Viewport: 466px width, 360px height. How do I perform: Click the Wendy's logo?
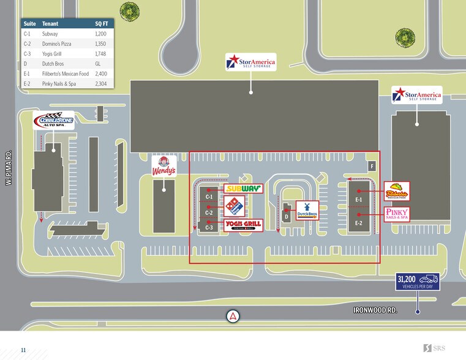coord(163,165)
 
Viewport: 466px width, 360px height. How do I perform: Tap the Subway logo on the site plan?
coord(243,189)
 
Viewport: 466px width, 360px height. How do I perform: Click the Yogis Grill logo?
coord(244,225)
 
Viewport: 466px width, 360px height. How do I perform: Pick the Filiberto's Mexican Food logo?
coord(397,192)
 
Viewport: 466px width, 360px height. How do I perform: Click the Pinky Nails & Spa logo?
coord(397,214)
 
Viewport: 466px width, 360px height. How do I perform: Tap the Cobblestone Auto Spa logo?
coord(53,120)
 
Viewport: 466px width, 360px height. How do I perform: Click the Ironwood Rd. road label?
coord(375,310)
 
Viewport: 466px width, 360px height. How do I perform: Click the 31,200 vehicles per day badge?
coord(417,282)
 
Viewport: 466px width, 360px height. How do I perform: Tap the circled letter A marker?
coord(233,316)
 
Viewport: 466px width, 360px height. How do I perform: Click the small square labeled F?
coord(371,166)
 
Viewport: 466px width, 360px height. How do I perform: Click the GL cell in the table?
coord(98,64)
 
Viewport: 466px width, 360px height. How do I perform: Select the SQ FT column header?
coord(102,24)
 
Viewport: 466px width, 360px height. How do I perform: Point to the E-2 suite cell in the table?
coord(27,83)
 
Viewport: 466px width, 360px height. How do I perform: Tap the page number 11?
coord(23,350)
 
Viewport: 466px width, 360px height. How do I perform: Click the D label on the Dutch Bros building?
coord(286,216)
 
